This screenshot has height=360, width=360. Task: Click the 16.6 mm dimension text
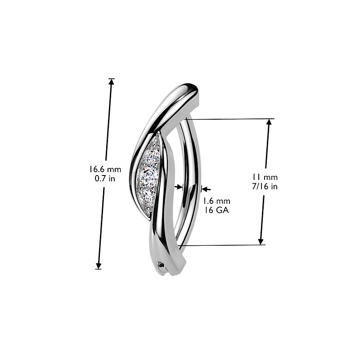click(x=105, y=170)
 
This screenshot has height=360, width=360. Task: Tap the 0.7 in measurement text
click(x=105, y=178)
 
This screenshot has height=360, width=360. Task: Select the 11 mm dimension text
click(x=265, y=177)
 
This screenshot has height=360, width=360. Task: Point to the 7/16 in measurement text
click(x=265, y=186)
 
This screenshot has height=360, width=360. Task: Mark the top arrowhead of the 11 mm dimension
click(x=269, y=122)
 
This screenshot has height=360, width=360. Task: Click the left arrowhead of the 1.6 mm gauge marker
click(x=180, y=186)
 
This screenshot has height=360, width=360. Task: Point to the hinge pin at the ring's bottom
click(x=162, y=267)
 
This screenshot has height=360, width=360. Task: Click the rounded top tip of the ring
click(x=191, y=88)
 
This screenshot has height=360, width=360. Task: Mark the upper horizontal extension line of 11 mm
click(x=229, y=119)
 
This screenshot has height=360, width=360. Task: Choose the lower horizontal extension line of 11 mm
click(x=225, y=245)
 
